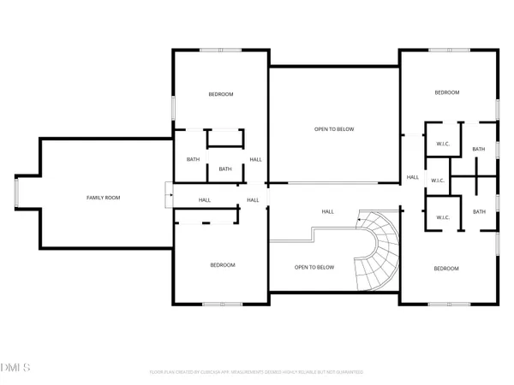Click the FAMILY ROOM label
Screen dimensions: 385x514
[104, 198]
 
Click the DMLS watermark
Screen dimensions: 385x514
[15, 367]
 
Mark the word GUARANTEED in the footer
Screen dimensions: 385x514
[348, 372]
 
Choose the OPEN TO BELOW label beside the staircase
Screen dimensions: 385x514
[314, 267]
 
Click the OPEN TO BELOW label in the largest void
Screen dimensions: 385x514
[333, 129]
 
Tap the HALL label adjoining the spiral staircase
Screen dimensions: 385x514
[327, 211]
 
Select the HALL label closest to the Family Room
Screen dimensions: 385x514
[205, 200]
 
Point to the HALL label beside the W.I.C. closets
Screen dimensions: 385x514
[412, 177]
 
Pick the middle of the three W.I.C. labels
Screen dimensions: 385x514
[437, 181]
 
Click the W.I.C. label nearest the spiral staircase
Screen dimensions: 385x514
[443, 217]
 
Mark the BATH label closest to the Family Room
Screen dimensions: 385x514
[193, 159]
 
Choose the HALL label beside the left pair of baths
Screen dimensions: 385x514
[255, 159]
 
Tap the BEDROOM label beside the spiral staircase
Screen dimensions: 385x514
[445, 269]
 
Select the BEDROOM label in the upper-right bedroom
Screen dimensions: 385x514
[446, 92]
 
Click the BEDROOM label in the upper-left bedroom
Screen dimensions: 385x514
[221, 94]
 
